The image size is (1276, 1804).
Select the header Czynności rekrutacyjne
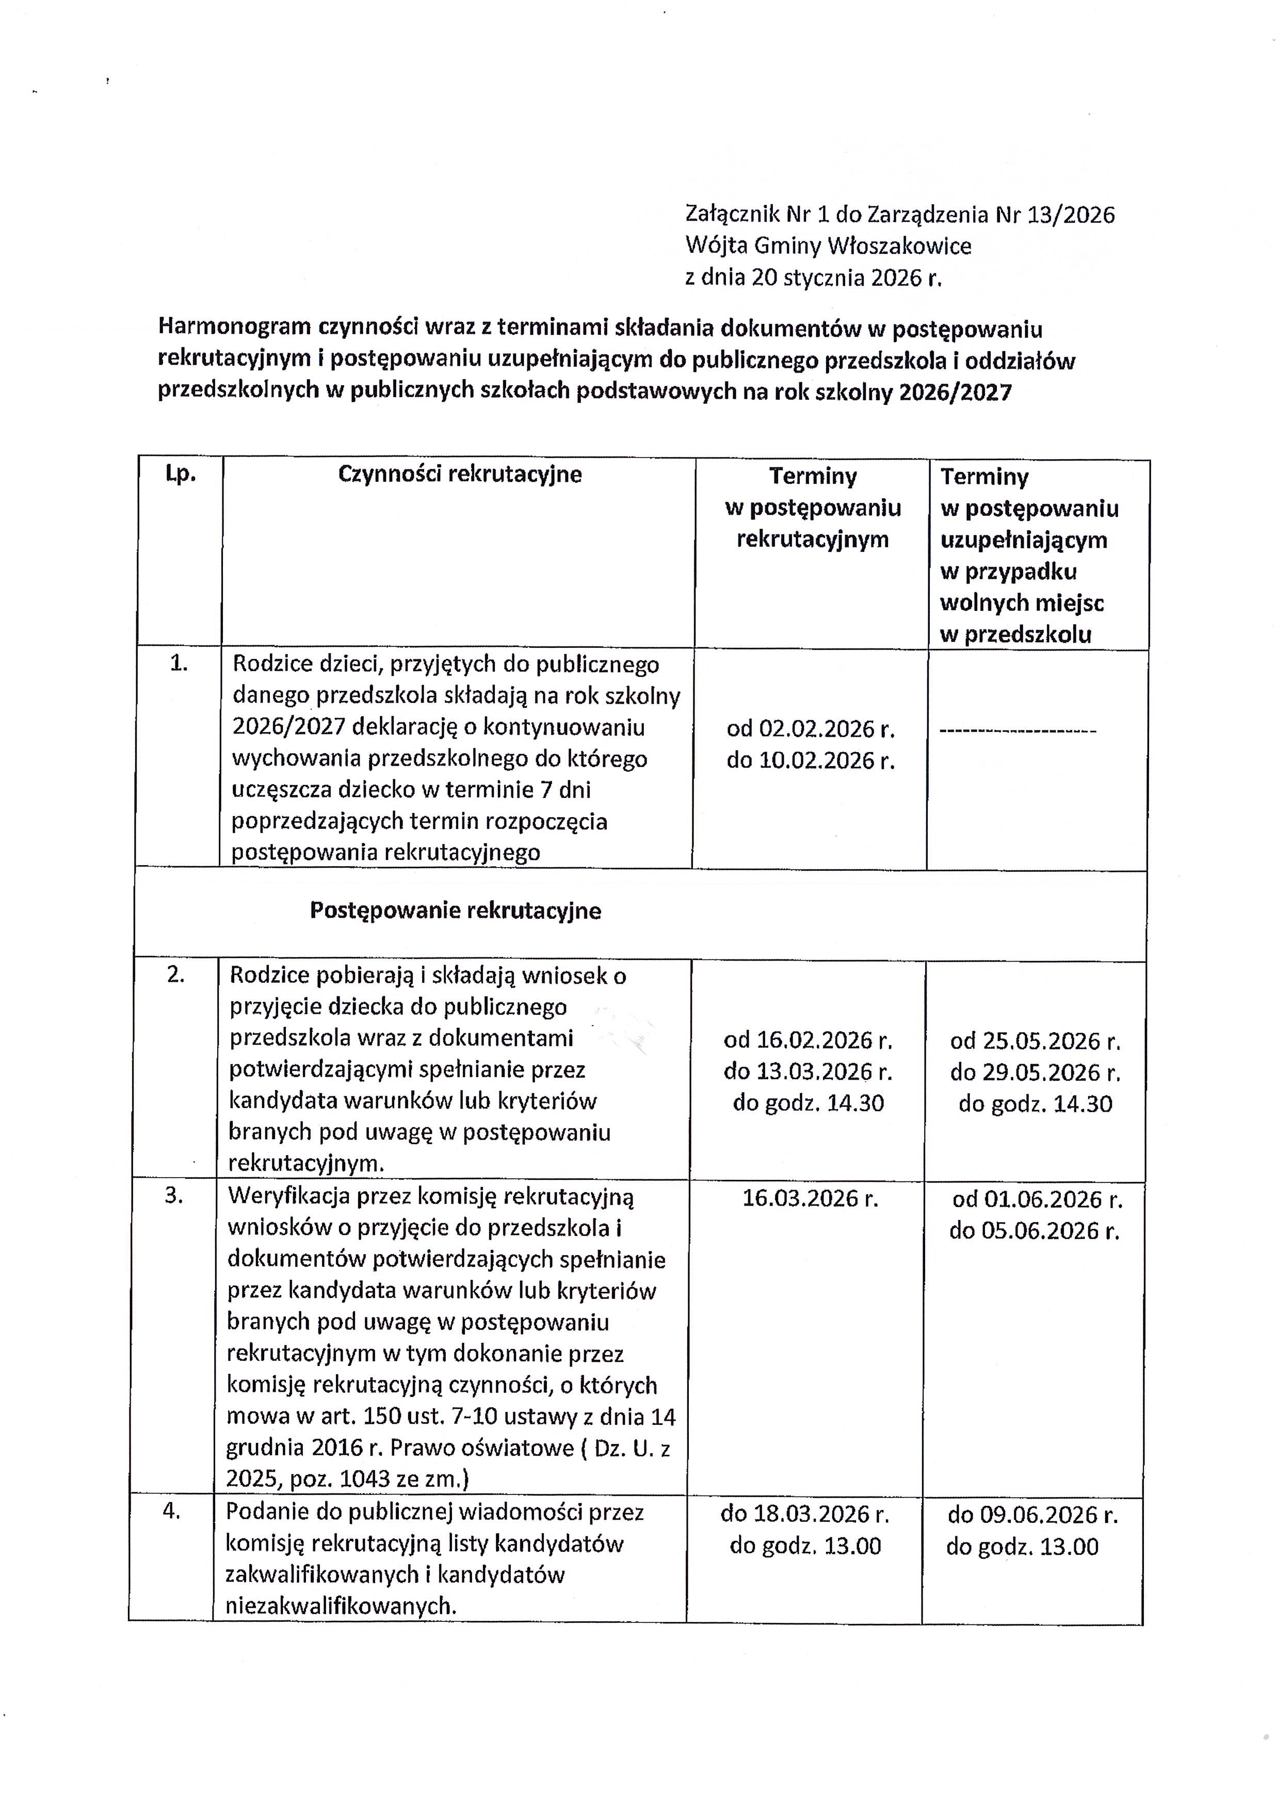click(460, 475)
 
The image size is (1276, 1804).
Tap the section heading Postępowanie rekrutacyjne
click(456, 911)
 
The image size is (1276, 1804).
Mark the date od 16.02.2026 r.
click(809, 1041)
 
